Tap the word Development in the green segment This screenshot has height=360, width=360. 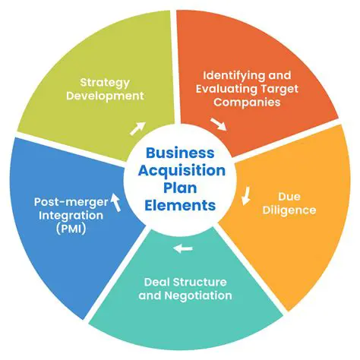point(111,96)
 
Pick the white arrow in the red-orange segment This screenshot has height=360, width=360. point(217,122)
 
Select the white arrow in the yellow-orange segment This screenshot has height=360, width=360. point(246,199)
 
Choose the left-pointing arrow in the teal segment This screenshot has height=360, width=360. point(183,248)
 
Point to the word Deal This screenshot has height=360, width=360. point(156,282)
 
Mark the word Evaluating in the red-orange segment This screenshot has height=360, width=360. point(231,90)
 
